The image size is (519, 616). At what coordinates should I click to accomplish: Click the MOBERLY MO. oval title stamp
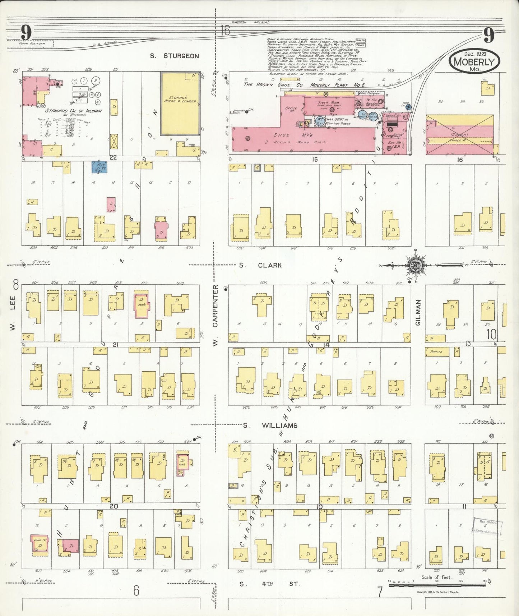(x=474, y=61)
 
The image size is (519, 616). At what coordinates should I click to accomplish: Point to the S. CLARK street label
(x=260, y=265)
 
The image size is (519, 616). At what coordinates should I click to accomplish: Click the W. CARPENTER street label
(x=216, y=316)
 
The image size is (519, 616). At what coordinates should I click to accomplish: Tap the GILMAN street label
(x=417, y=313)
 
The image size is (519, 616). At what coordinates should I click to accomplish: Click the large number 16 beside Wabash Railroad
(x=225, y=31)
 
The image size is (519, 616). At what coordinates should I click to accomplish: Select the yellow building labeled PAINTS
(x=437, y=351)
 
